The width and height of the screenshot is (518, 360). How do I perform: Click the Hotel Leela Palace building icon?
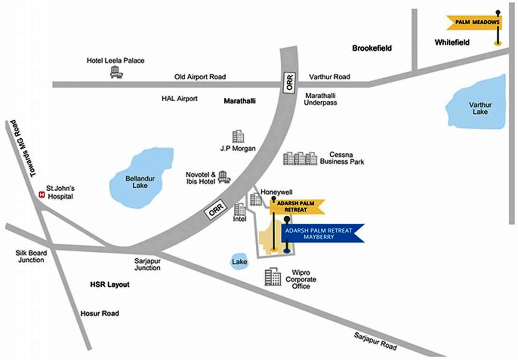click(116, 72)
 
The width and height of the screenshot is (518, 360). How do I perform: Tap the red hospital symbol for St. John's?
click(42, 195)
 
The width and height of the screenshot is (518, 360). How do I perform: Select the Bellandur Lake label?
click(140, 182)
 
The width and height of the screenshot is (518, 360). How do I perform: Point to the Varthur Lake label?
click(480, 108)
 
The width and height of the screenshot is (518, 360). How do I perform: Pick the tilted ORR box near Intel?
click(216, 209)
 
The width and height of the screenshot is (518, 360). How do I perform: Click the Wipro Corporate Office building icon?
click(273, 277)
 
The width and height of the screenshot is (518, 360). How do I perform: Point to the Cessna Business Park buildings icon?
click(300, 158)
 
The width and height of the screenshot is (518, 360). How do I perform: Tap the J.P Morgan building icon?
click(238, 136)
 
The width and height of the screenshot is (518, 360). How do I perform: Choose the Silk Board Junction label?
click(31, 256)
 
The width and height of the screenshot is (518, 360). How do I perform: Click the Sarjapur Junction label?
click(147, 264)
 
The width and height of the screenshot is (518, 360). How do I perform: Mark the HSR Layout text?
click(110, 285)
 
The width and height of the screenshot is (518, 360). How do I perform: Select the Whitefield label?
click(452, 42)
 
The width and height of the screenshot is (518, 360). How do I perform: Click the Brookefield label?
click(372, 48)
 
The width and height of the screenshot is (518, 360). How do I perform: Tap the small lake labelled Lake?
click(239, 262)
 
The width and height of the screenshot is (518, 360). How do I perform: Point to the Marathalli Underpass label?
click(320, 99)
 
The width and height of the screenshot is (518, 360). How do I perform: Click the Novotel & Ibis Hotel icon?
click(224, 177)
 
